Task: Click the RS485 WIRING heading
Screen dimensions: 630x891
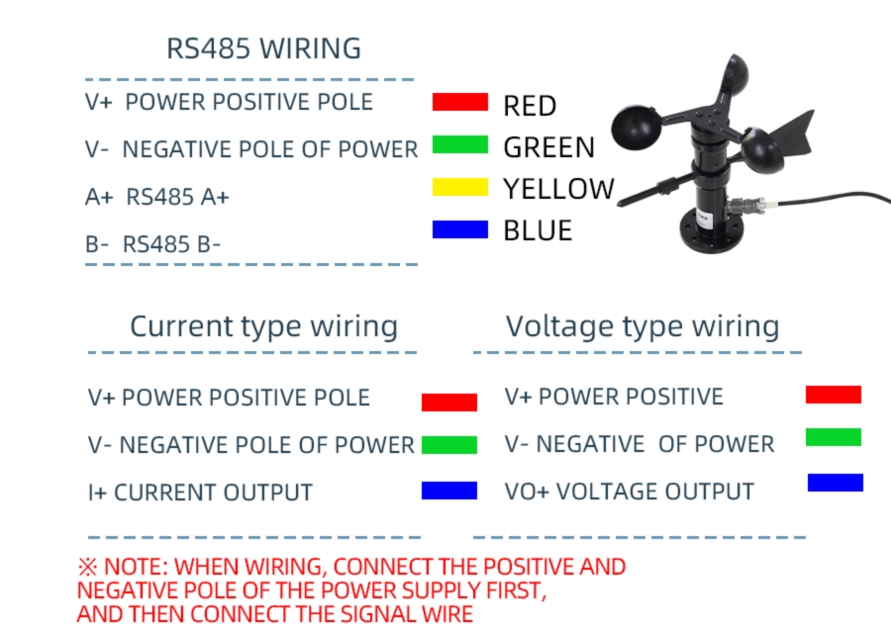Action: point(263,48)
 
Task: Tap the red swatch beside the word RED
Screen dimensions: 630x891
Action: point(460,102)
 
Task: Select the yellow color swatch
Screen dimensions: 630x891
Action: point(460,187)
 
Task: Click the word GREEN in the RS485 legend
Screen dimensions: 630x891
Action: point(548,147)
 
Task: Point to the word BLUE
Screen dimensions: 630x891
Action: point(538,230)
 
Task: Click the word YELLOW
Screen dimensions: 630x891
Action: point(558,189)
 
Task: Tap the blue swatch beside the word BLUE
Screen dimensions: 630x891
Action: point(460,229)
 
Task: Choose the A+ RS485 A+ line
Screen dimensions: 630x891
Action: point(157,197)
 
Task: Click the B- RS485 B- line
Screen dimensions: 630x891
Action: point(153,243)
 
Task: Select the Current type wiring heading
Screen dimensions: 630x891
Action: point(263,326)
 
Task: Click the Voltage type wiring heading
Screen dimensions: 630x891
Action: point(643,326)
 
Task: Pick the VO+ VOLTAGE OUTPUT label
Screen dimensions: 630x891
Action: point(630,492)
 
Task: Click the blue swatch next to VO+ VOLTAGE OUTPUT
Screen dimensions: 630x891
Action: point(835,483)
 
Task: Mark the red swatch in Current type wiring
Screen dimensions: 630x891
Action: point(449,403)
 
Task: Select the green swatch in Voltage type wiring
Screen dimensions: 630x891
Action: point(834,437)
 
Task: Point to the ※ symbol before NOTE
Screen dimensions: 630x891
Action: point(87,568)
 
